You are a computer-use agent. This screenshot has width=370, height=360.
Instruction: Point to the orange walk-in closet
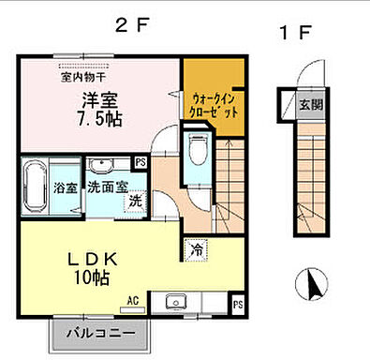coord(215,103)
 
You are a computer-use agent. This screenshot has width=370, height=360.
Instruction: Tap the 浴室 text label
coord(65,186)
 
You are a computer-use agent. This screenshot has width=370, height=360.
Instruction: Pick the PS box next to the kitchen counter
coord(237,305)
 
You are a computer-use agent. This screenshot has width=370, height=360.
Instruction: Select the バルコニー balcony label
coord(105,332)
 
